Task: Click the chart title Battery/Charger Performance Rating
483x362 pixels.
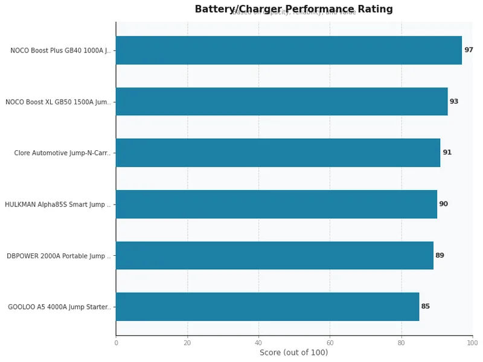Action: click(293, 9)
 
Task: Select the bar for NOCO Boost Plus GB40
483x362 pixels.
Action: click(289, 50)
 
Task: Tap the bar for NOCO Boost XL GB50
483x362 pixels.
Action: click(281, 101)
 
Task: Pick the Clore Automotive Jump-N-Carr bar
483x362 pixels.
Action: click(278, 153)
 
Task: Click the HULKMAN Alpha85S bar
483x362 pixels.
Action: click(276, 204)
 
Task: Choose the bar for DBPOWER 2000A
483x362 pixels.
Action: click(274, 255)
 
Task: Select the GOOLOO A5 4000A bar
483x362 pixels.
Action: click(267, 306)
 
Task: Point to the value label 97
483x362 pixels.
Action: click(469, 50)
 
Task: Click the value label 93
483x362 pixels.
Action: click(454, 101)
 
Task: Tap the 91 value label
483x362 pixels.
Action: click(447, 153)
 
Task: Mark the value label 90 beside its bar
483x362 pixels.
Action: click(443, 204)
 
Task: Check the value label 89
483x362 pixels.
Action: click(440, 255)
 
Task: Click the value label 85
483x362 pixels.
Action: click(425, 306)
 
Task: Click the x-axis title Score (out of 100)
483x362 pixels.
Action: click(293, 352)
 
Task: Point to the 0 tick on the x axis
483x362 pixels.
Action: click(116, 343)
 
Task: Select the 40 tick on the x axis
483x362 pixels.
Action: click(258, 343)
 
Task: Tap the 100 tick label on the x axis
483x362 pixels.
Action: click(472, 343)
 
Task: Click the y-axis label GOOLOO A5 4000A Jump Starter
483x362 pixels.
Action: click(59, 307)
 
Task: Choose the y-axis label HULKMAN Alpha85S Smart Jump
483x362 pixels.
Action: click(58, 205)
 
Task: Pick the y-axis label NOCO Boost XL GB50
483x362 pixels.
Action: click(58, 102)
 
